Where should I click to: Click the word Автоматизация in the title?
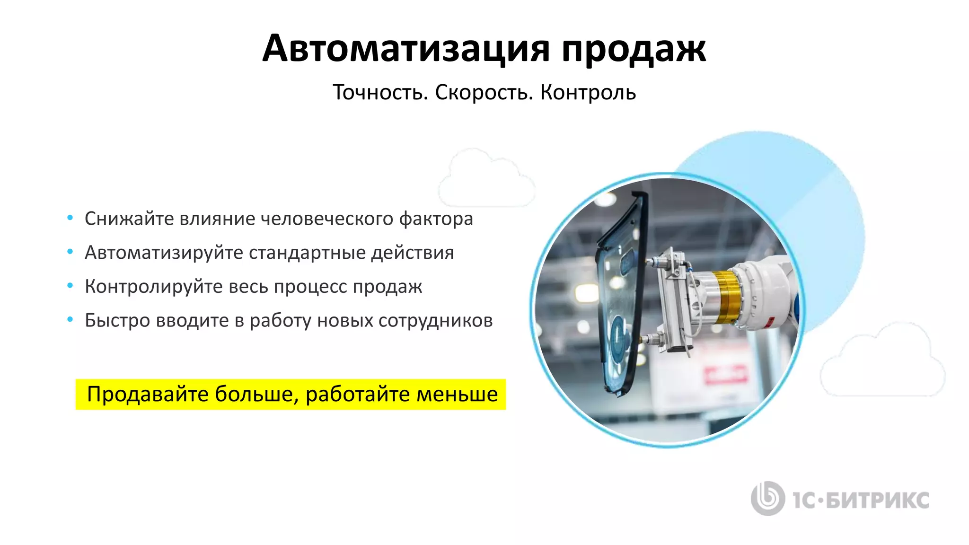pos(406,48)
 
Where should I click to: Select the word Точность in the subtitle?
pos(380,92)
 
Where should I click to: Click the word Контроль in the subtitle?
pos(588,92)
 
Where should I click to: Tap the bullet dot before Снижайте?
pos(70,218)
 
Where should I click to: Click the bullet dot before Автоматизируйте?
pos(70,252)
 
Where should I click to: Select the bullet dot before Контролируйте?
pos(70,286)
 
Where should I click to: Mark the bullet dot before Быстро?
pos(70,320)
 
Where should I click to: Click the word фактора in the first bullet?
pos(436,219)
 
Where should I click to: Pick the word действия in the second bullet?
pos(412,253)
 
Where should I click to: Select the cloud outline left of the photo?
pos(486,179)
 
